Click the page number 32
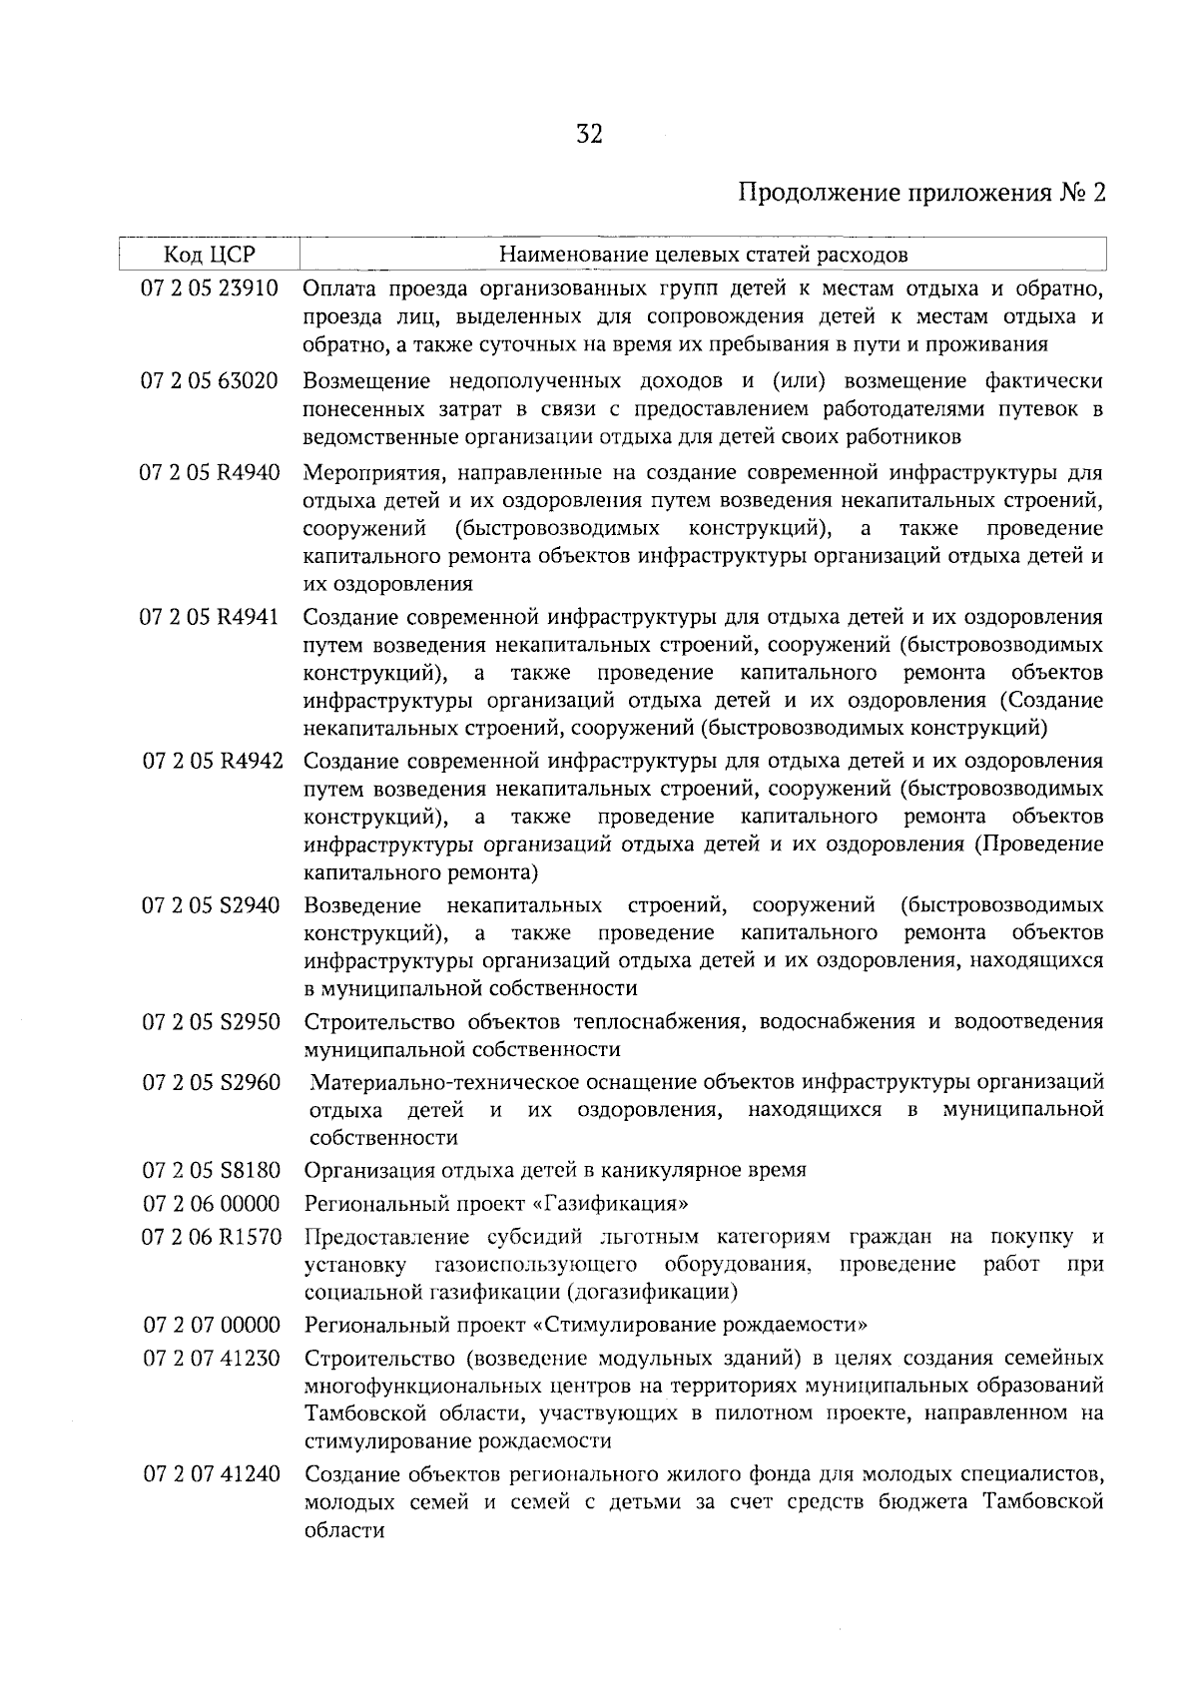589,134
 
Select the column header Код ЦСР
209,255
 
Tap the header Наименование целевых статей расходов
703,255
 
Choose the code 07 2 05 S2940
211,905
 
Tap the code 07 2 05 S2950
211,1022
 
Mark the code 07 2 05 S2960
211,1082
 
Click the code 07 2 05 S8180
211,1170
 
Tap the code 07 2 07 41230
211,1359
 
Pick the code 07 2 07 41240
211,1474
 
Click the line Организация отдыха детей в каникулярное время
554,1170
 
